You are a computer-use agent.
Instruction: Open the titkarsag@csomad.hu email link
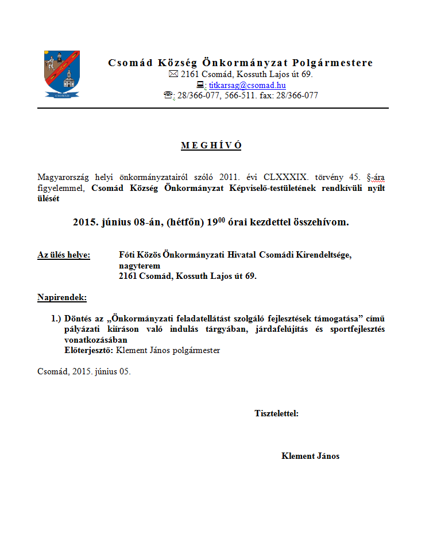(x=247, y=85)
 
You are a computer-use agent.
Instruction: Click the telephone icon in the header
(x=168, y=96)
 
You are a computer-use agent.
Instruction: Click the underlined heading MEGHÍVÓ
(x=211, y=145)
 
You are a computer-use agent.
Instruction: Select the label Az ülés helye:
(x=64, y=255)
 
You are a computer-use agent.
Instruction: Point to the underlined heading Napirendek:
(x=62, y=297)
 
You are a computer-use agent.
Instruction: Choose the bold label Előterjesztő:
(x=89, y=350)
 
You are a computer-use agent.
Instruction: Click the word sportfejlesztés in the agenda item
(x=356, y=329)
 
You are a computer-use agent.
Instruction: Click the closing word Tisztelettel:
(x=276, y=413)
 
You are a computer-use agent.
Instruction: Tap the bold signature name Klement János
(x=310, y=456)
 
